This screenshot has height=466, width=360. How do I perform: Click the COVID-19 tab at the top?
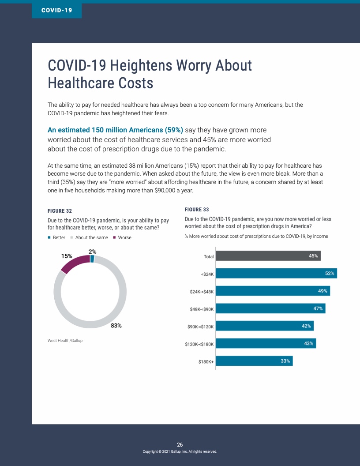(56, 10)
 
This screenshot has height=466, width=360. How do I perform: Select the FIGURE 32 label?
(60, 211)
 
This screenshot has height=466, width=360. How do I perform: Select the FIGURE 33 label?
(197, 210)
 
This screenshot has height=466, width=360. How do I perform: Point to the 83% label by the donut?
(116, 326)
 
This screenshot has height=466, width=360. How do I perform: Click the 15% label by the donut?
(67, 256)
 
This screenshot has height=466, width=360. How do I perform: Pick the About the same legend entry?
(91, 237)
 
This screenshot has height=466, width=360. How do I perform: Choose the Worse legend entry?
(124, 237)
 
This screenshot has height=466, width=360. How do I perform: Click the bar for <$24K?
(276, 274)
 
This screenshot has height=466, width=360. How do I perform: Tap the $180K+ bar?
(254, 361)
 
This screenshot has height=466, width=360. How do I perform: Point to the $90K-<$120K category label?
(200, 327)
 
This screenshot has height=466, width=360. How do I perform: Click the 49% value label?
(323, 291)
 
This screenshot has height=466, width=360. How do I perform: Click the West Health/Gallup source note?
(65, 341)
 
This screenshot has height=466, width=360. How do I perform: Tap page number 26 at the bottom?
(180, 444)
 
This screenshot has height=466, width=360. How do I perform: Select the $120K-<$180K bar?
(266, 343)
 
